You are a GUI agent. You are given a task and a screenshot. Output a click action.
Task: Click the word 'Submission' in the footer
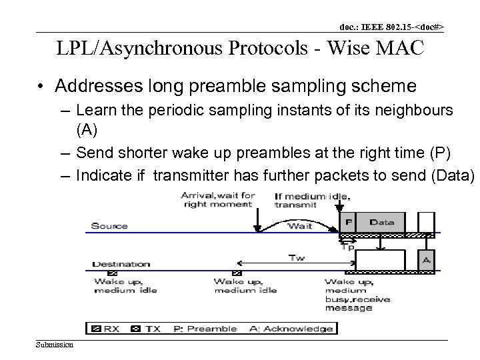(x=55, y=344)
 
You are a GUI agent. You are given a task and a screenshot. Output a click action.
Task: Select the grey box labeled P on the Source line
(x=348, y=223)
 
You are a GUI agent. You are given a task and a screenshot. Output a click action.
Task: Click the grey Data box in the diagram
(x=381, y=223)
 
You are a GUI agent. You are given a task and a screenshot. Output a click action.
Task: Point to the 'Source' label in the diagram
(x=109, y=226)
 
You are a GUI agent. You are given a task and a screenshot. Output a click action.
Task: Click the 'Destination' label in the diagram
(x=121, y=264)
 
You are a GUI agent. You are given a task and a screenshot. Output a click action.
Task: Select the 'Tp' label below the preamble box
(x=347, y=246)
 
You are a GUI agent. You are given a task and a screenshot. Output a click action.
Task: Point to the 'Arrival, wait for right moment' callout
(x=217, y=200)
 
